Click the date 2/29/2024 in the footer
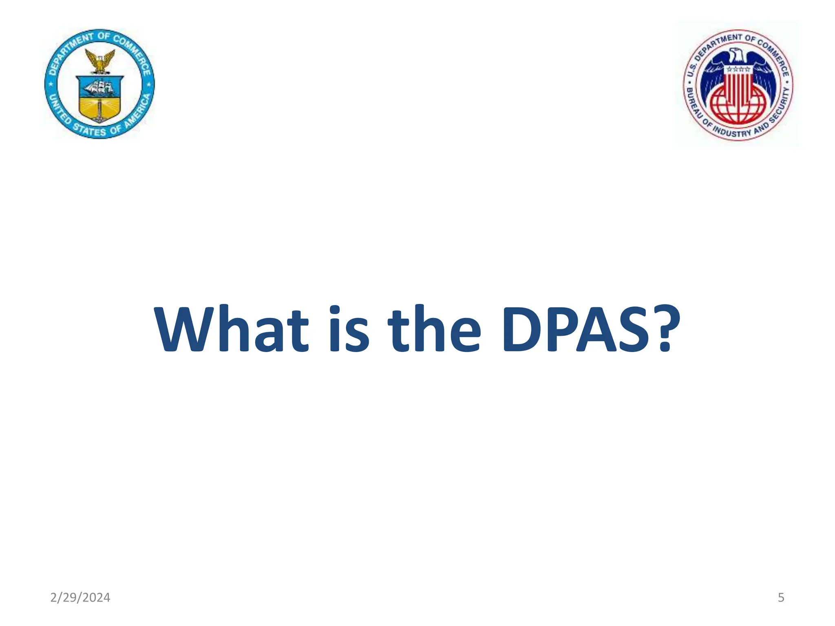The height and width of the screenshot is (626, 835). [x=80, y=597]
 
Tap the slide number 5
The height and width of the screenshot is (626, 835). [x=781, y=597]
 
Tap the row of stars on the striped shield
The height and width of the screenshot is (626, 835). [x=738, y=70]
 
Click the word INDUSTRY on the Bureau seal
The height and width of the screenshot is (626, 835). [x=732, y=132]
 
